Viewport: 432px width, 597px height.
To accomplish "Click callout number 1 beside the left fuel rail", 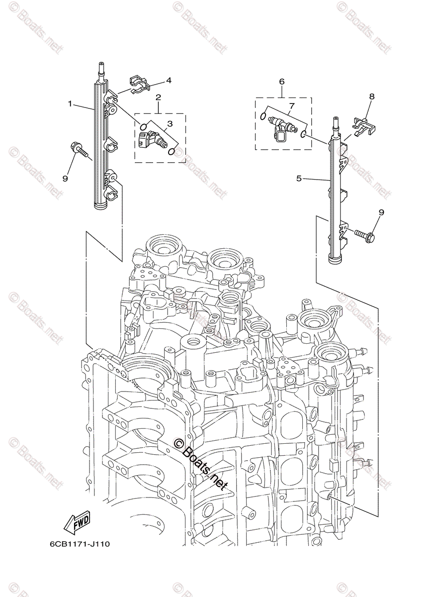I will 71,104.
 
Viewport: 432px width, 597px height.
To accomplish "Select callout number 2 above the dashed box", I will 159,97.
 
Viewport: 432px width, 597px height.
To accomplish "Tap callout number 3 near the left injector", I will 170,123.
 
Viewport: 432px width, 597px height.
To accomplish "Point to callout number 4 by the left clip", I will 169,81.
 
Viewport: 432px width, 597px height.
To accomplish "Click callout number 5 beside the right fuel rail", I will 299,178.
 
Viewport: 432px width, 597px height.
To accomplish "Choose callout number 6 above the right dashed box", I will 281,81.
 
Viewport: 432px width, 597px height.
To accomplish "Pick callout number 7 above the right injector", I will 292,105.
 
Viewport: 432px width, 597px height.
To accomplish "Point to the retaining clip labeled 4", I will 139,84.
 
